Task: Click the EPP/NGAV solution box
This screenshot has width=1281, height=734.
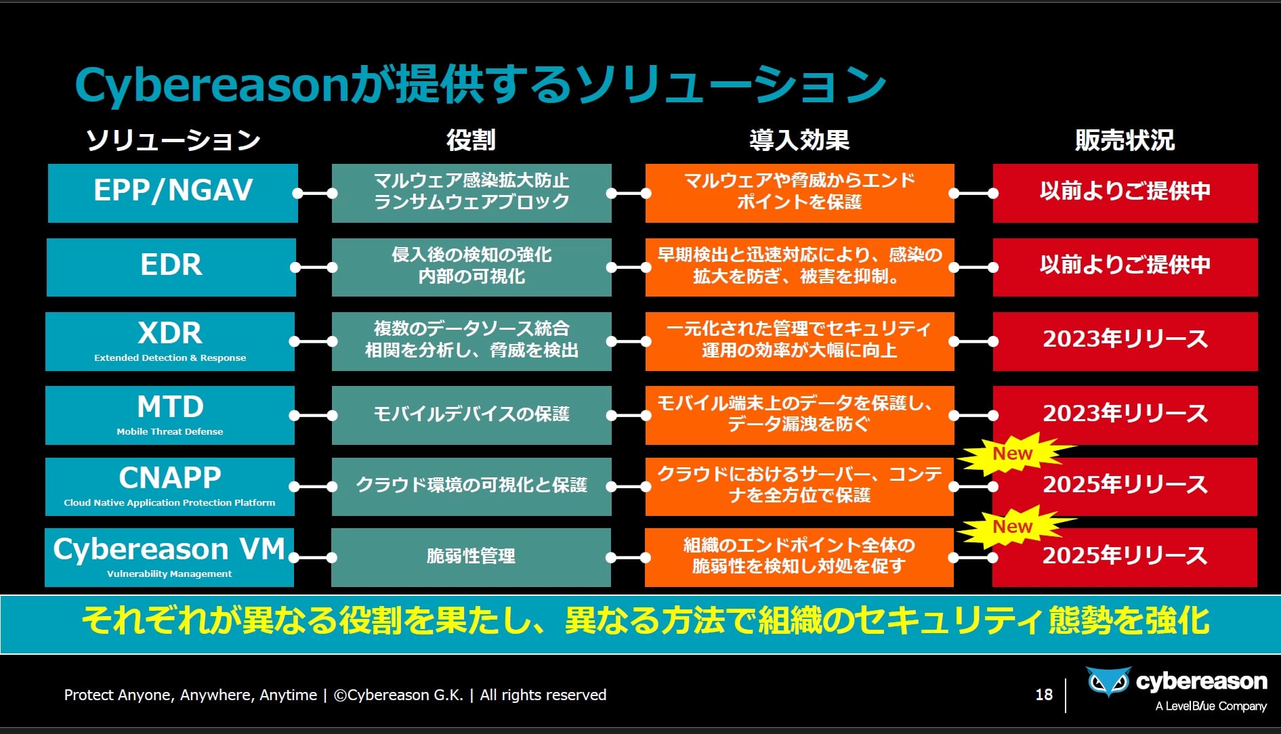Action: point(173,193)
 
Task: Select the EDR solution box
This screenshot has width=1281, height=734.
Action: point(171,267)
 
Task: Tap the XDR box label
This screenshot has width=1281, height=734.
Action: point(170,341)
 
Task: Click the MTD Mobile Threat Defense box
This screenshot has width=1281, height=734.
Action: point(170,415)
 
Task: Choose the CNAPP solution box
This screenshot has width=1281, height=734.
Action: point(169,487)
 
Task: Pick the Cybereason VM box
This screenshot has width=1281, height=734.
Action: point(169,557)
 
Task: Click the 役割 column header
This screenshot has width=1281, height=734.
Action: point(471,140)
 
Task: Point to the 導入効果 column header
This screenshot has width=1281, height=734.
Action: point(799,140)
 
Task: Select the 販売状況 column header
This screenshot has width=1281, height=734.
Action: point(1125,140)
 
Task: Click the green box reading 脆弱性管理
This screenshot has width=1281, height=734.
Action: point(471,557)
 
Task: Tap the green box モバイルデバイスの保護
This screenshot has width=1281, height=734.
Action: point(471,415)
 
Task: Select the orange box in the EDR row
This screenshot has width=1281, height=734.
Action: point(799,267)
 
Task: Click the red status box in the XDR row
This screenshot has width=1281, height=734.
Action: point(1125,341)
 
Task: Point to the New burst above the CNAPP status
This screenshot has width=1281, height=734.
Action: point(1014,454)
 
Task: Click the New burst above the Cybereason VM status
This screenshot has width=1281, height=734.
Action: point(1014,527)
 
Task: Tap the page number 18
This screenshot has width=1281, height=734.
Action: point(1044,695)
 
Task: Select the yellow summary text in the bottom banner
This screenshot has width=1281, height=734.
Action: point(646,620)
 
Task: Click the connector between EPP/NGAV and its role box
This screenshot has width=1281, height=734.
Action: point(315,193)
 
